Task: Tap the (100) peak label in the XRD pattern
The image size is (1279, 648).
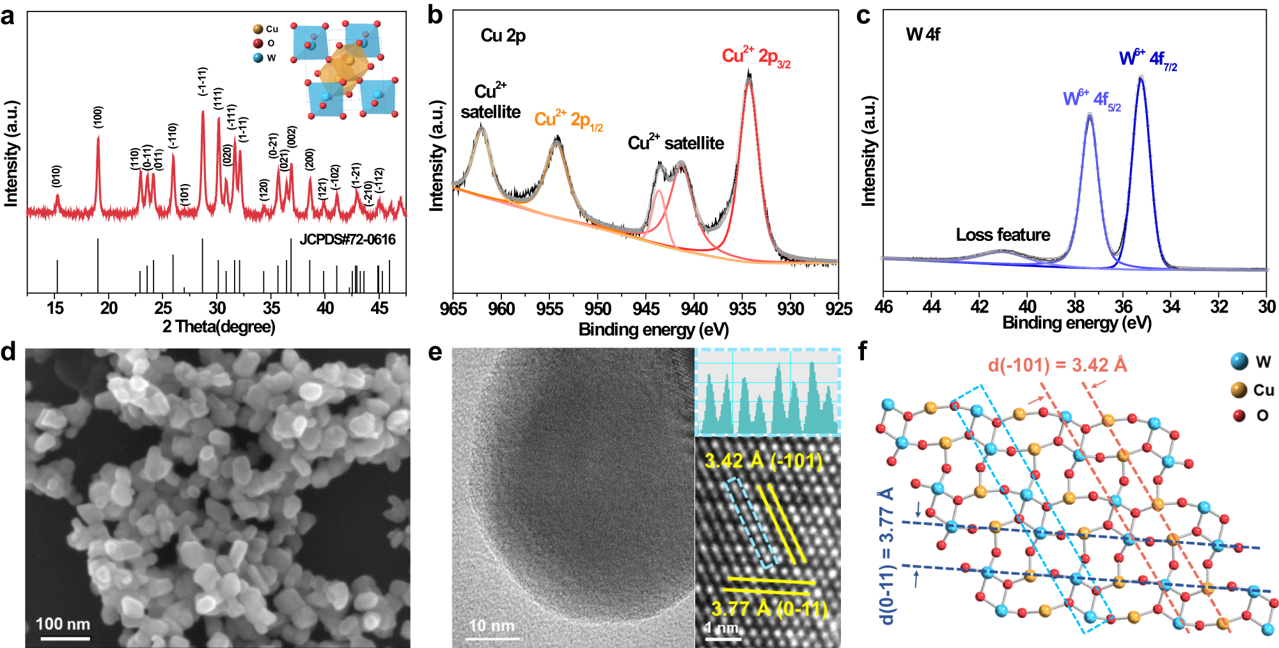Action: pyautogui.click(x=98, y=117)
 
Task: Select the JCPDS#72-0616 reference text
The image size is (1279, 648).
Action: pyautogui.click(x=347, y=240)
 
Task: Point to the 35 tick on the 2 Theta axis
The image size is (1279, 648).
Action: pyautogui.click(x=271, y=308)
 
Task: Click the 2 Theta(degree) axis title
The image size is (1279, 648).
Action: pyautogui.click(x=219, y=327)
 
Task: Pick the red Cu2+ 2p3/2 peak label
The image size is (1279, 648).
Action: pyautogui.click(x=756, y=57)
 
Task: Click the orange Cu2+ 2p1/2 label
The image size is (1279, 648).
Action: pyautogui.click(x=568, y=120)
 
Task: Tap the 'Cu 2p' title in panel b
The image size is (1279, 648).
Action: pyautogui.click(x=503, y=36)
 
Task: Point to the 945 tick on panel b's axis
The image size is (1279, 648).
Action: pyautogui.click(x=646, y=309)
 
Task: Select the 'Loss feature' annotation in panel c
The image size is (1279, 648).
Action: pyautogui.click(x=1003, y=235)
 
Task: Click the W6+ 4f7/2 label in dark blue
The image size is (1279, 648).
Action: pyautogui.click(x=1147, y=59)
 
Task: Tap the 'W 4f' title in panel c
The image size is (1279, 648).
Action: pyautogui.click(x=923, y=35)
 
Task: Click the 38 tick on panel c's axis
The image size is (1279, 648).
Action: pyautogui.click(x=1076, y=307)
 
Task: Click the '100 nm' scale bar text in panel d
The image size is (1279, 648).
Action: pyautogui.click(x=63, y=624)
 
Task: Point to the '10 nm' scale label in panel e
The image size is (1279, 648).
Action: pyautogui.click(x=491, y=626)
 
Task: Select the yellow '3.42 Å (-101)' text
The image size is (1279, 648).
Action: pyautogui.click(x=763, y=461)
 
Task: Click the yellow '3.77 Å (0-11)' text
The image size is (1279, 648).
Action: pyautogui.click(x=769, y=608)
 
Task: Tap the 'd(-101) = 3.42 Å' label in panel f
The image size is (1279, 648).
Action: pyautogui.click(x=1057, y=366)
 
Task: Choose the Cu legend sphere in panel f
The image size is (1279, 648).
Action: pyautogui.click(x=1239, y=390)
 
